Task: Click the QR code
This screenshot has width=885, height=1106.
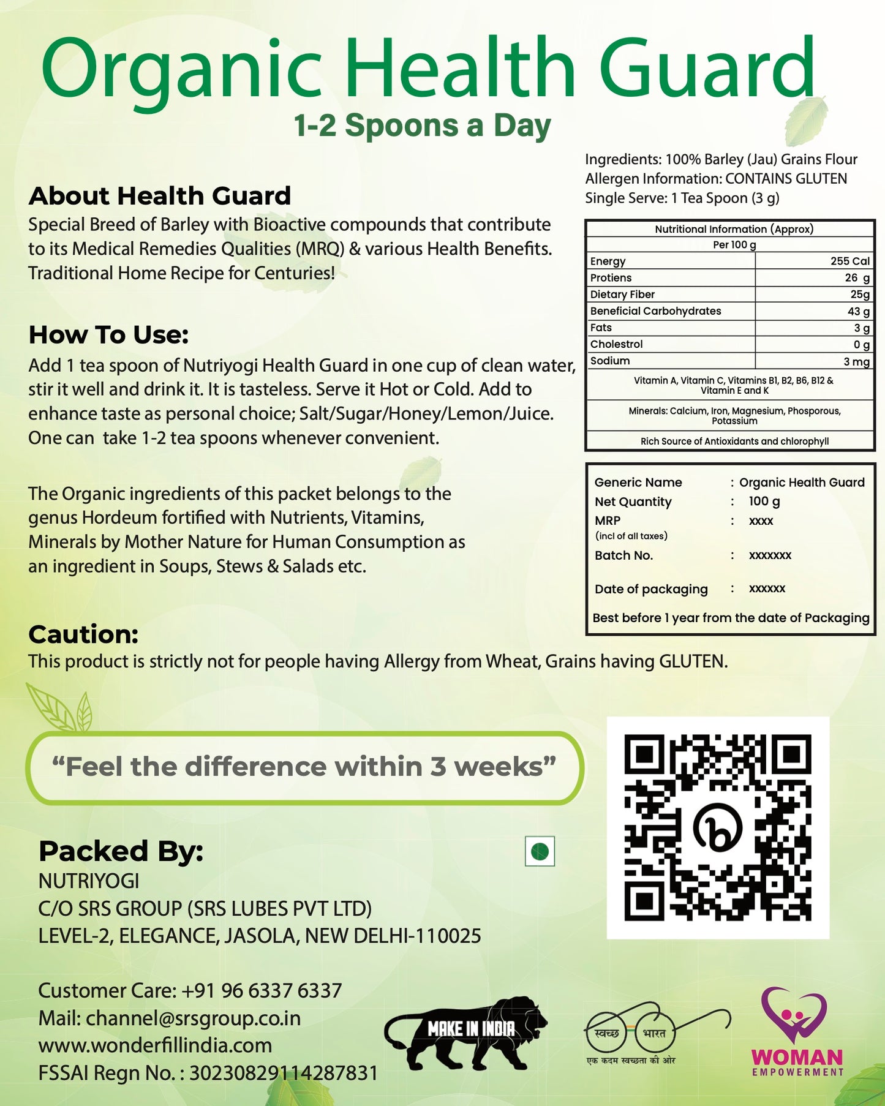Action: click(718, 827)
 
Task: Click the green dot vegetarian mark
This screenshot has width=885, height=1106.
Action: click(540, 851)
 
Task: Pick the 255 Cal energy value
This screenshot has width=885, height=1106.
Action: click(849, 261)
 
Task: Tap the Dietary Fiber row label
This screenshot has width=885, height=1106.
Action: click(622, 295)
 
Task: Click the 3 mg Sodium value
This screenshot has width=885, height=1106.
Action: click(856, 361)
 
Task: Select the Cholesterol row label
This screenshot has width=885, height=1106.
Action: click(616, 344)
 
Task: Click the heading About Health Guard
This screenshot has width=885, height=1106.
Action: click(159, 196)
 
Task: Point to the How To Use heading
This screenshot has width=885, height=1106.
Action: click(108, 335)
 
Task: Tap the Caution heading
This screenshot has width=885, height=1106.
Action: click(83, 634)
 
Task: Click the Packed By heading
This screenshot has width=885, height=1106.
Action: click(121, 851)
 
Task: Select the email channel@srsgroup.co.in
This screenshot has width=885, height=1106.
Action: click(193, 1018)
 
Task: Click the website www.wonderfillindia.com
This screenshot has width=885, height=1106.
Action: click(155, 1045)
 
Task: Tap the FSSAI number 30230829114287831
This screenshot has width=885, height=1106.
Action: click(283, 1073)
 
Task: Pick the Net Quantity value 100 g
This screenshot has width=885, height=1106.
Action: click(764, 501)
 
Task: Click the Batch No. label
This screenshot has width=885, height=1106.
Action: click(623, 555)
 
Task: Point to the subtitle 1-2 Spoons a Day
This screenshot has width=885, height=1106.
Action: click(422, 126)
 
